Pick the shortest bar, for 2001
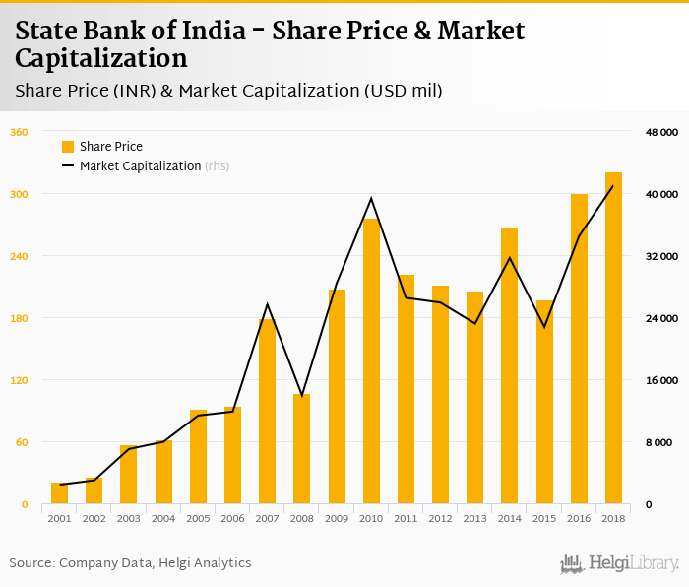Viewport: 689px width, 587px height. (x=59, y=493)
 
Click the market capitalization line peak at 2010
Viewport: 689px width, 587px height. (x=371, y=199)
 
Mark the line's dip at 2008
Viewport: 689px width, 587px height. (x=301, y=396)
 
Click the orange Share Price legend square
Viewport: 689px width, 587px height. (x=68, y=147)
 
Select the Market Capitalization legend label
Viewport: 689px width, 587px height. (x=141, y=166)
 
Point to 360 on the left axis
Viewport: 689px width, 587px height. (x=19, y=132)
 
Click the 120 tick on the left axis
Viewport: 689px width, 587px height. (x=19, y=380)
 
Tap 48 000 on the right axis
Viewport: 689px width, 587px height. (x=661, y=132)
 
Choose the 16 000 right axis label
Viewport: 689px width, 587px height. (x=661, y=380)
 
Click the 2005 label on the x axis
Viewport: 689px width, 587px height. (x=198, y=518)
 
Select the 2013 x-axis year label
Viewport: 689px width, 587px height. (x=474, y=518)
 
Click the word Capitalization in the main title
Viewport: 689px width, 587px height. (x=101, y=58)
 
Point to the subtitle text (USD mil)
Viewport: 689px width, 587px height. (x=404, y=91)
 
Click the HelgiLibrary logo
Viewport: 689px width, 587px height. (x=620, y=563)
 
